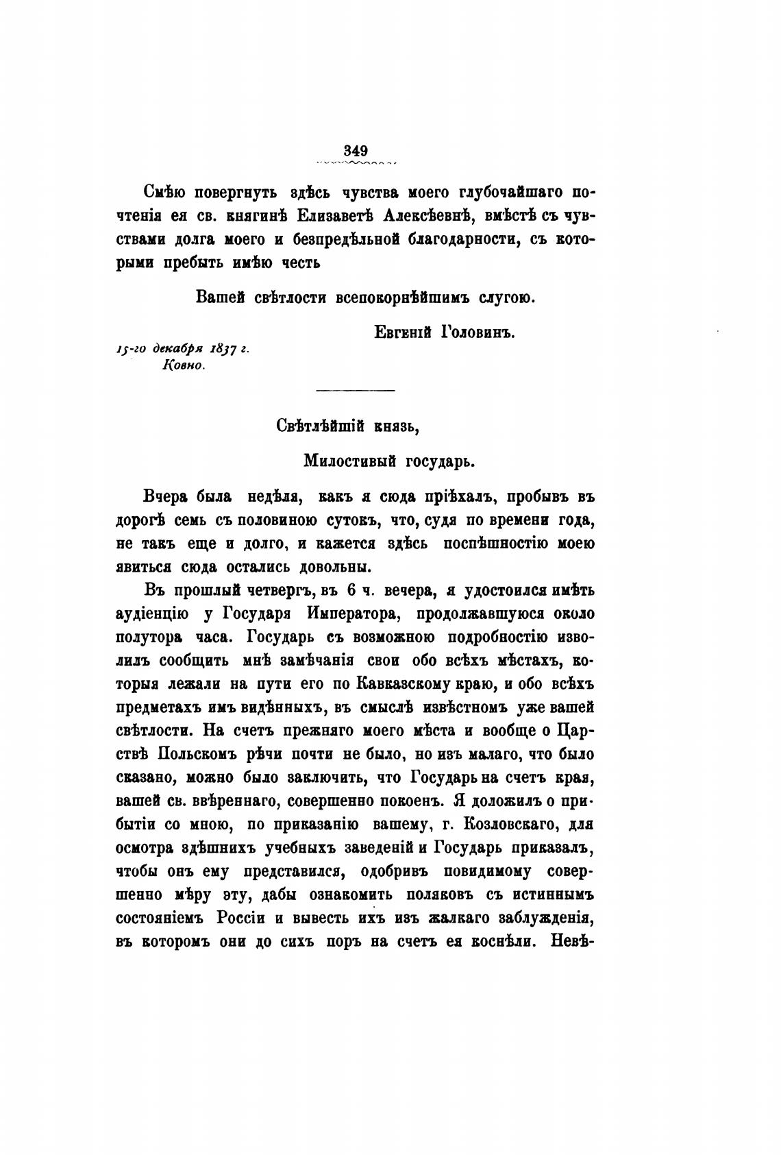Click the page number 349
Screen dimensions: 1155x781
tap(356, 151)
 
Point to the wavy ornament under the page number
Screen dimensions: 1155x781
tap(356, 163)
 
